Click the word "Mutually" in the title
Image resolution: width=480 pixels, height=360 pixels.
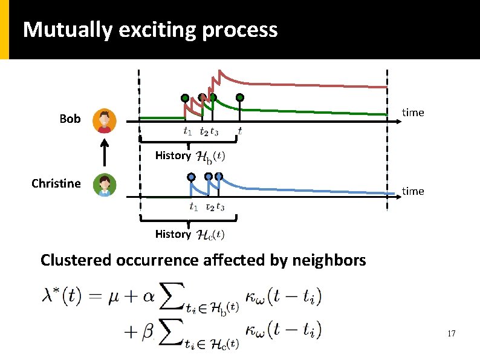pos(67,30)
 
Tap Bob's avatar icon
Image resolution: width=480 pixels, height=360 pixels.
pos(105,121)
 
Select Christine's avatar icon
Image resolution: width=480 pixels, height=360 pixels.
pos(105,185)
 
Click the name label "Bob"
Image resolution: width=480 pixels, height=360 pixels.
pos(70,119)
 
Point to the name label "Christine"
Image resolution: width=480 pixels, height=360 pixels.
pos(56,183)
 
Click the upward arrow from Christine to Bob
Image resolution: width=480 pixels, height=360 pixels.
pos(105,153)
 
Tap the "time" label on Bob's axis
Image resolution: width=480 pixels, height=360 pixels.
pos(413,113)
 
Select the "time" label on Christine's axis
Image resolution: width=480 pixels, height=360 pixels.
pos(413,191)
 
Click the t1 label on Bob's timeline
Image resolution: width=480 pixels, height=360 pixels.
pos(188,131)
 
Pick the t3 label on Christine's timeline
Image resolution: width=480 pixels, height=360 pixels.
pos(220,207)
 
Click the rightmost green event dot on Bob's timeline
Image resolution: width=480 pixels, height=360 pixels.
pos(240,97)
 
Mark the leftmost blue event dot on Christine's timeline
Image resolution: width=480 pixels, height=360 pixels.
pos(192,177)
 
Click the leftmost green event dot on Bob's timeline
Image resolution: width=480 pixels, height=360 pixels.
pos(185,97)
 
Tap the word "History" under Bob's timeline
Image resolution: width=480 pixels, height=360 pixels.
pos(172,155)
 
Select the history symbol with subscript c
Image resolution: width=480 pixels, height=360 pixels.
pos(212,234)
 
